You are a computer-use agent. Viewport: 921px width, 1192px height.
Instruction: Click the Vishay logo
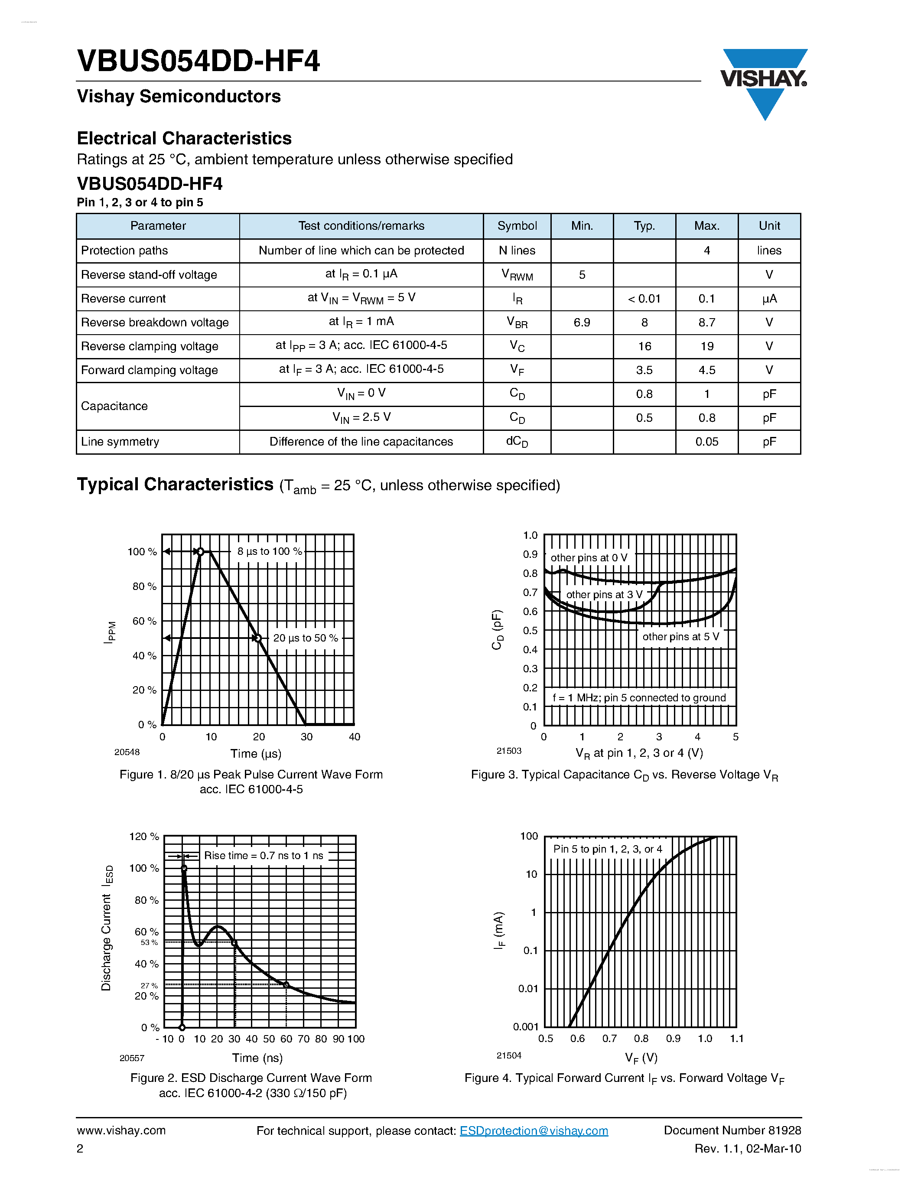[764, 82]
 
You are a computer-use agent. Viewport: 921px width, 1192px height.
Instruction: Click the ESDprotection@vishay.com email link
[534, 1130]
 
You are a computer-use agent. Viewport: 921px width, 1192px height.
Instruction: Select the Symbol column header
[517, 226]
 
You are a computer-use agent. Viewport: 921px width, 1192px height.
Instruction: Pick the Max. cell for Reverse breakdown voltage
[706, 322]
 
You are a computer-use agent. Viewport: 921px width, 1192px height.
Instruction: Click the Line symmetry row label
[120, 442]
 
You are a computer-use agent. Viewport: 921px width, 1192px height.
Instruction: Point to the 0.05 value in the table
[706, 442]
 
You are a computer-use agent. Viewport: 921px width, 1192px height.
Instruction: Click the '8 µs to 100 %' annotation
[270, 551]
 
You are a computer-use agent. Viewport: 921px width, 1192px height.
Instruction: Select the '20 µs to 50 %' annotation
[306, 638]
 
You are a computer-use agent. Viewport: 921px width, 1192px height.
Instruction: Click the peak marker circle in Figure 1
[200, 552]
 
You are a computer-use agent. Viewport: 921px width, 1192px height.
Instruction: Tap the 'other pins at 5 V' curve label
[680, 637]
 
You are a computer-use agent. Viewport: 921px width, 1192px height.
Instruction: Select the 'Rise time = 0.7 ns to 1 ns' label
[264, 856]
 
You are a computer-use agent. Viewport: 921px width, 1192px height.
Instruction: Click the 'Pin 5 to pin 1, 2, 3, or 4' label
[607, 849]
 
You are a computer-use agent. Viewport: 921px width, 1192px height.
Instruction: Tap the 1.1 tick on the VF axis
[736, 1039]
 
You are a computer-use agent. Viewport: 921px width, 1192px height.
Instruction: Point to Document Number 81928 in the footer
[732, 1130]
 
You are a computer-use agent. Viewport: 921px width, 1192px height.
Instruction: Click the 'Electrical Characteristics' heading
[185, 139]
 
